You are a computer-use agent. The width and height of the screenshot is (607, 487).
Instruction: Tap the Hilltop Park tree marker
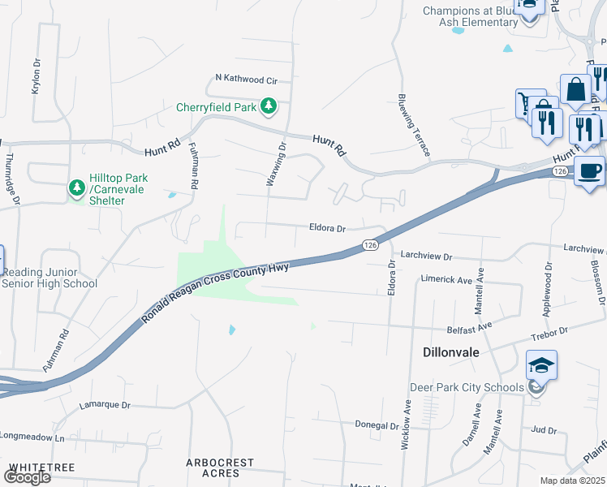point(77,189)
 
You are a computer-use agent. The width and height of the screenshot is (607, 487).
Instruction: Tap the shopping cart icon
point(529,102)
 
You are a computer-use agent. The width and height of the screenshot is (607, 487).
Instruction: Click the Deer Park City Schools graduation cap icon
point(540,364)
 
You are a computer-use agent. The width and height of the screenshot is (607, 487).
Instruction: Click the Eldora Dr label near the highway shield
point(327,229)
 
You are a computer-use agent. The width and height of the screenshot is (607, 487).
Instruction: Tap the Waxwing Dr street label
point(277,165)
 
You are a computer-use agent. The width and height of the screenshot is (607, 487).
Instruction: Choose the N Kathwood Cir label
point(246,80)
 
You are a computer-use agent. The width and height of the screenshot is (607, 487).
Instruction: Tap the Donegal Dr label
point(377,425)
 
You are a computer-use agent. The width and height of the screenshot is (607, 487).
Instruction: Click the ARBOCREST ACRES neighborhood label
point(220,468)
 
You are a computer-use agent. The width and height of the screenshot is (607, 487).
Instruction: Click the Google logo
point(27,476)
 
